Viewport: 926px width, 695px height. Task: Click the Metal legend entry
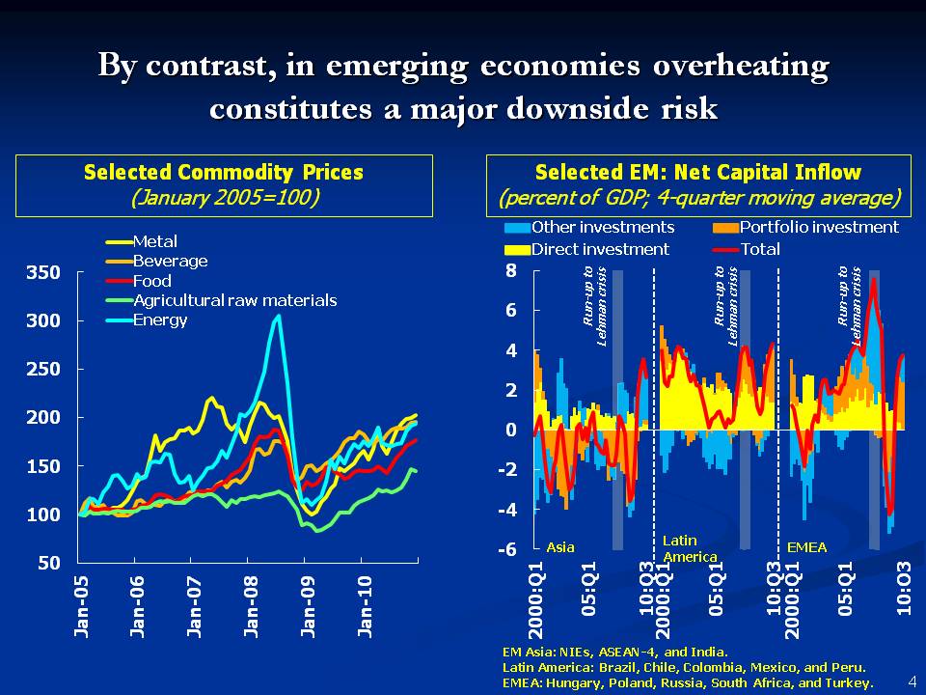point(154,242)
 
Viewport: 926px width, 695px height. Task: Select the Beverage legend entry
point(170,262)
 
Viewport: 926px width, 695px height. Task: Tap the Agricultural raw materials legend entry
point(234,300)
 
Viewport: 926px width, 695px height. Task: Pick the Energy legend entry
point(159,320)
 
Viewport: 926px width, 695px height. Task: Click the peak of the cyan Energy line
point(279,315)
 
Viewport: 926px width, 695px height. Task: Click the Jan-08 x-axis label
point(251,608)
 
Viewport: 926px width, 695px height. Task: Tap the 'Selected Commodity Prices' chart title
point(224,173)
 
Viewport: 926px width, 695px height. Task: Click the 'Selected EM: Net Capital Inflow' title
point(697,173)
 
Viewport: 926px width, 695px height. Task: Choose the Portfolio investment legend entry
point(819,228)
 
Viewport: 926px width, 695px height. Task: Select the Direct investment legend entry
point(600,249)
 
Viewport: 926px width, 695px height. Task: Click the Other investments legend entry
point(603,228)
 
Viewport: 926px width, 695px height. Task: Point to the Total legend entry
point(760,249)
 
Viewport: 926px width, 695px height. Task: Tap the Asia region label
point(560,547)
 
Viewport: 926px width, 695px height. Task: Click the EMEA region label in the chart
point(806,547)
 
